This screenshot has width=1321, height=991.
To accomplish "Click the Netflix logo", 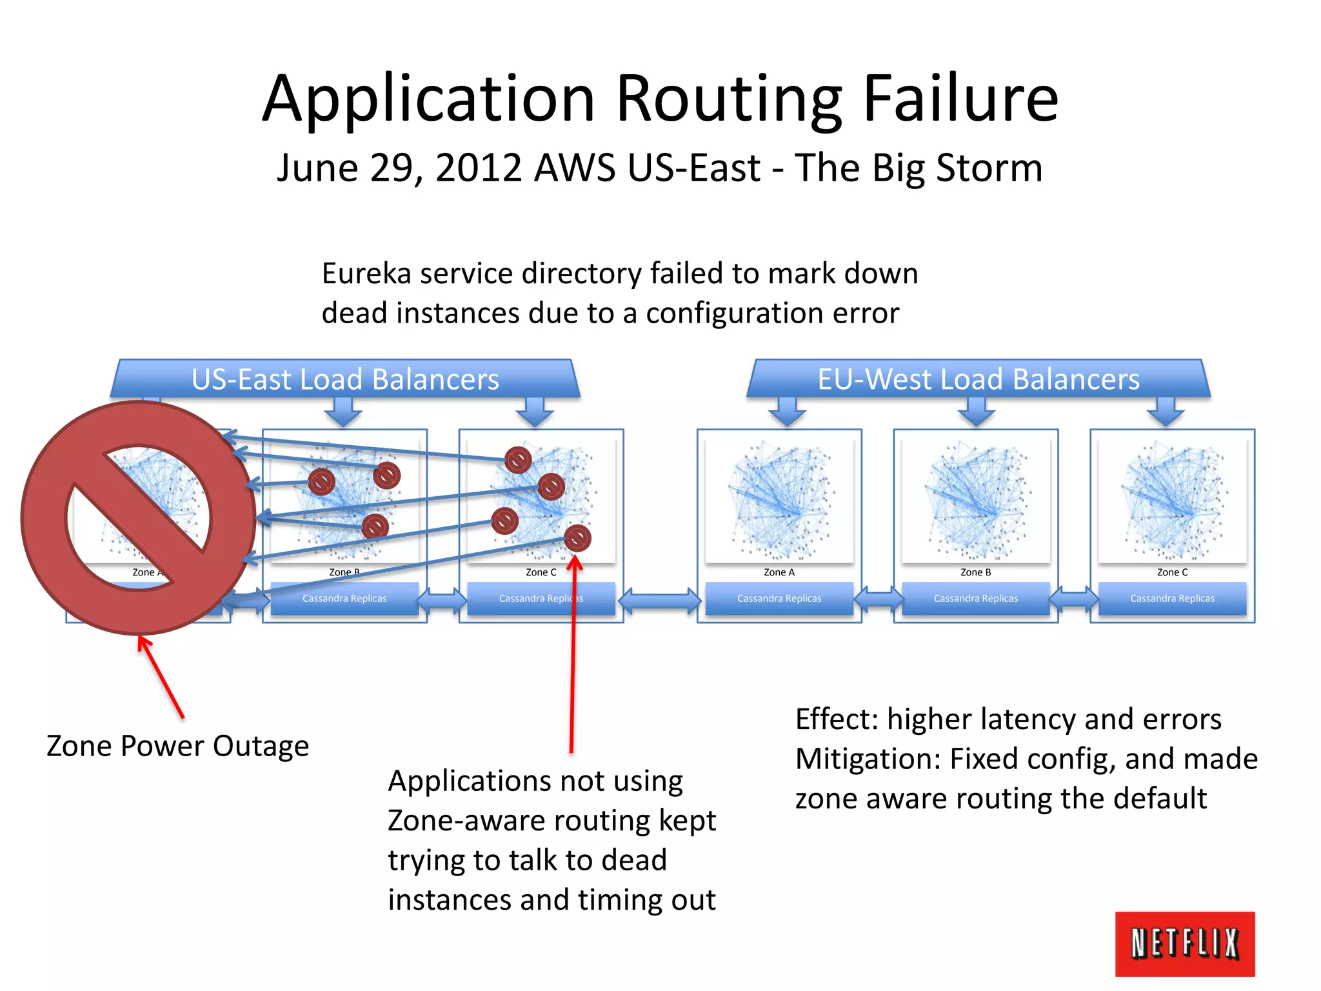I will [1184, 943].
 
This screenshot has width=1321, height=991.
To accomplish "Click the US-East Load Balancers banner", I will [345, 379].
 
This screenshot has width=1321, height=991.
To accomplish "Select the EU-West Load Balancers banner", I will [978, 379].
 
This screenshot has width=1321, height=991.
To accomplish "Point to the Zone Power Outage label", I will [177, 746].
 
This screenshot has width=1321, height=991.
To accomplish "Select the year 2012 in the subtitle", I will [478, 168].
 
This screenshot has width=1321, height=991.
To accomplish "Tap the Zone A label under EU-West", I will [779, 572].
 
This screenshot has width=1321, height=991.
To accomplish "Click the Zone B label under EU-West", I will [975, 572].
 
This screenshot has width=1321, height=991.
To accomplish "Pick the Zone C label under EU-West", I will [1172, 572].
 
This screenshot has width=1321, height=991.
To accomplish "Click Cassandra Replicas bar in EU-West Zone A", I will [779, 599].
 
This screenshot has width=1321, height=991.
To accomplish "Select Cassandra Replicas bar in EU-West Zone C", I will [1172, 599].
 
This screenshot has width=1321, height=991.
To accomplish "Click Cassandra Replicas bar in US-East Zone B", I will [344, 599].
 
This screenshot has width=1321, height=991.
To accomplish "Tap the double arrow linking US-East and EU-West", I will [659, 601].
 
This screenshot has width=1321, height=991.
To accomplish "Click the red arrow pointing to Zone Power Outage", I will [161, 677].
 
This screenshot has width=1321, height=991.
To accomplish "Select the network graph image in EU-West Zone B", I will [975, 500].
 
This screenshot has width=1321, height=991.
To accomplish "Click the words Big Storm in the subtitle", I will [957, 168].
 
